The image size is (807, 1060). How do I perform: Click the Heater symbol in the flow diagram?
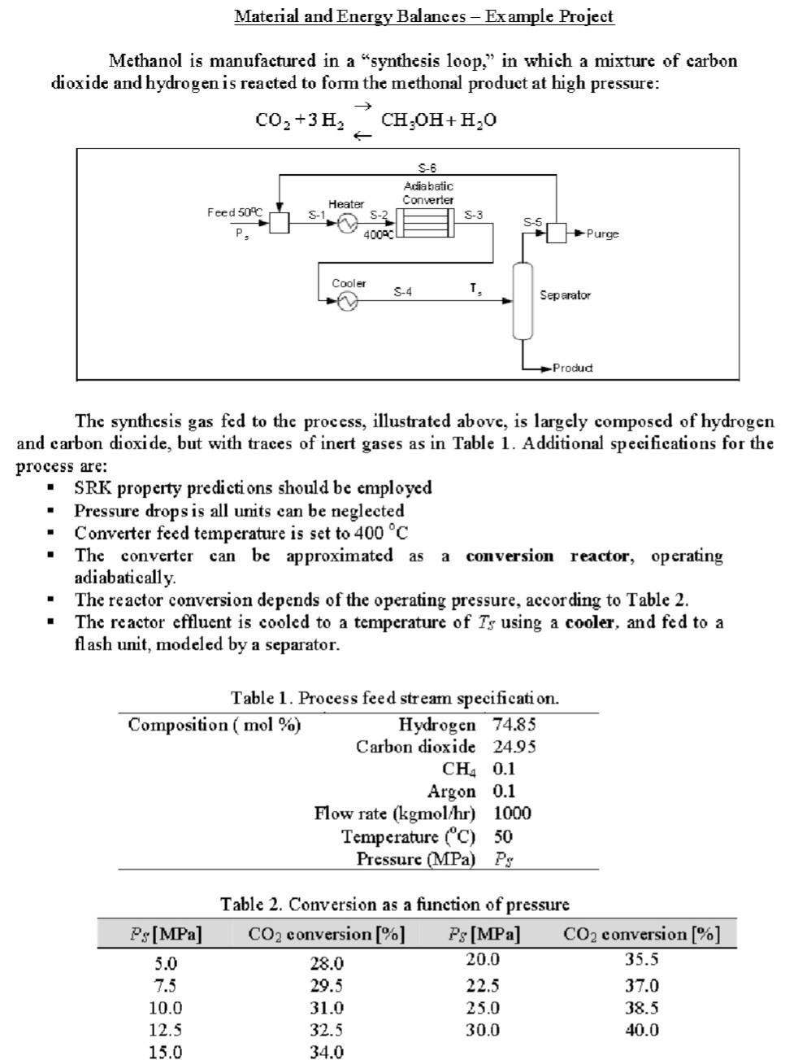point(348,223)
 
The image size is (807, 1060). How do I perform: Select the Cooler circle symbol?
point(348,302)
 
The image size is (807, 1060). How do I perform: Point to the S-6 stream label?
point(427,168)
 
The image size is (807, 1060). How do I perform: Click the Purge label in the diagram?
point(602,234)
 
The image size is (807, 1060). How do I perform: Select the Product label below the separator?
point(572,368)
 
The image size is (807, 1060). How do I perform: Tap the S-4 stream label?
point(402,291)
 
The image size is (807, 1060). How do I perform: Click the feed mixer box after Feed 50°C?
point(279,223)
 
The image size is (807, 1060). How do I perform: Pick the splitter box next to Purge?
point(556,233)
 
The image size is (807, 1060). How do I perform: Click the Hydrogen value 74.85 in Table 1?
point(514,724)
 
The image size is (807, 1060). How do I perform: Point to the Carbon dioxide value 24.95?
point(514,746)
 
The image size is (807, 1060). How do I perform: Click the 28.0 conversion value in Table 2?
point(327,963)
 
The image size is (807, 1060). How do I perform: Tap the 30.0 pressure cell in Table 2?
point(483,1029)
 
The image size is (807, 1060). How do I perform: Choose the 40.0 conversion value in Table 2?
point(641,1029)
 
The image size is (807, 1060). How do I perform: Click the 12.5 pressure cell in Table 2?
point(166,1029)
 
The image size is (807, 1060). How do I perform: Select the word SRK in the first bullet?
point(91,487)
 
